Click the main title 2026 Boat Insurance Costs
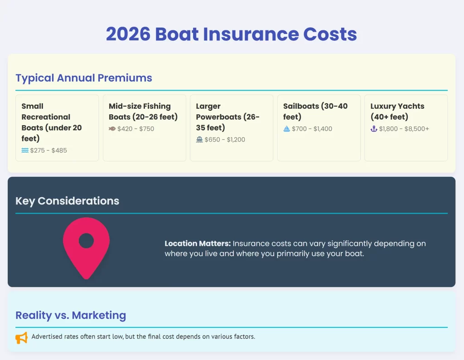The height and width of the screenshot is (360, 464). [232, 34]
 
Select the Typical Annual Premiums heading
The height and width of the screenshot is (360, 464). [84, 78]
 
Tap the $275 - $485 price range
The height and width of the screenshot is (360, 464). [48, 151]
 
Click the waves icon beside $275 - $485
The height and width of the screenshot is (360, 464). [25, 151]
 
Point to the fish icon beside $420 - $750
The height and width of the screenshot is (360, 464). [112, 129]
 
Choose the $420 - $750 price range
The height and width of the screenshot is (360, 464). [136, 129]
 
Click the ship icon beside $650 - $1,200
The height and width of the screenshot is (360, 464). [199, 140]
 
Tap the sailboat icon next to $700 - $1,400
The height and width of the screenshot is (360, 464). [286, 129]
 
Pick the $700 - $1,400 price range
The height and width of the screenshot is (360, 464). [312, 129]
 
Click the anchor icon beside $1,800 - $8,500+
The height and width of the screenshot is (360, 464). [374, 129]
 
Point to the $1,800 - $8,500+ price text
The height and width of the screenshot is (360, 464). [404, 129]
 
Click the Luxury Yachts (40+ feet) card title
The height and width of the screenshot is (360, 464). [397, 112]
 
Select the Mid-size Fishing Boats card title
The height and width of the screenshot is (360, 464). [143, 112]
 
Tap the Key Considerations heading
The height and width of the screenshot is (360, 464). [68, 201]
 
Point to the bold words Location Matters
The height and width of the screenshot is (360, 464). [198, 243]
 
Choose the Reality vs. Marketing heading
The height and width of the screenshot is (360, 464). [71, 316]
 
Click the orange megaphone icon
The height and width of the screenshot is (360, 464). [21, 338]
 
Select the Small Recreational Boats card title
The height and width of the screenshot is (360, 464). [52, 122]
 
